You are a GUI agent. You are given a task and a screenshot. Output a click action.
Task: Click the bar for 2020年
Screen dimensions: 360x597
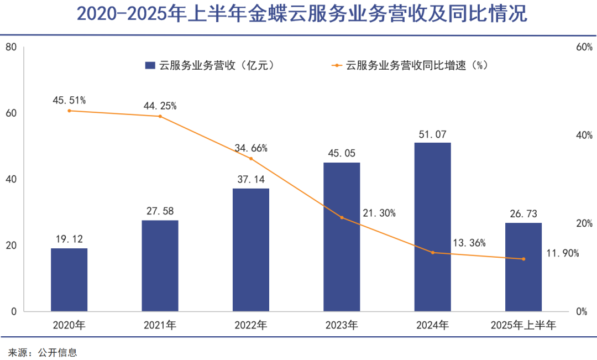pos(69,279)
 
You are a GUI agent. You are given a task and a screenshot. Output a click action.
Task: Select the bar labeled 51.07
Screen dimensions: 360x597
pos(433,227)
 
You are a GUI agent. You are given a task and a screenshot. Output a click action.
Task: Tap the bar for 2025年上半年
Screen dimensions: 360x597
pos(523,267)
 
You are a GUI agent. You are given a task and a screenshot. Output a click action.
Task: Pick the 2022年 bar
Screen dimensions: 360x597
pos(251,249)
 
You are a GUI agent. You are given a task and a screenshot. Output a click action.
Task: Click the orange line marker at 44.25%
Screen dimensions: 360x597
pos(160,116)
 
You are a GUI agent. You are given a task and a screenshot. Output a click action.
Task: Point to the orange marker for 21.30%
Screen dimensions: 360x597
pos(342,217)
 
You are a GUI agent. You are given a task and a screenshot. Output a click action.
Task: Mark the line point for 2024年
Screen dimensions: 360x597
pos(433,253)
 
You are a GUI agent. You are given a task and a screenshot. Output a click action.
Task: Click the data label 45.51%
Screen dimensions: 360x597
pos(69,100)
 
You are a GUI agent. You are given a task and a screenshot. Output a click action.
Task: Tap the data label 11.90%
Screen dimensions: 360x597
pos(562,253)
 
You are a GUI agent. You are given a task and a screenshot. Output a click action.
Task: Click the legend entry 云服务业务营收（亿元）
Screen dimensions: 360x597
pos(210,65)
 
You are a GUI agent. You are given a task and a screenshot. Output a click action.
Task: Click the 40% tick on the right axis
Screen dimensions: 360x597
pos(584,135)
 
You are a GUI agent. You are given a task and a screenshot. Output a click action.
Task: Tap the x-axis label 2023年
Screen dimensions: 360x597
pos(342,325)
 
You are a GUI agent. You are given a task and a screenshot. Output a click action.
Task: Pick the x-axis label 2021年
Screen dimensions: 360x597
pos(160,325)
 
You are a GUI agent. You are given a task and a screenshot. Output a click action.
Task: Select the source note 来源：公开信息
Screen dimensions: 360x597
pos(43,352)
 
